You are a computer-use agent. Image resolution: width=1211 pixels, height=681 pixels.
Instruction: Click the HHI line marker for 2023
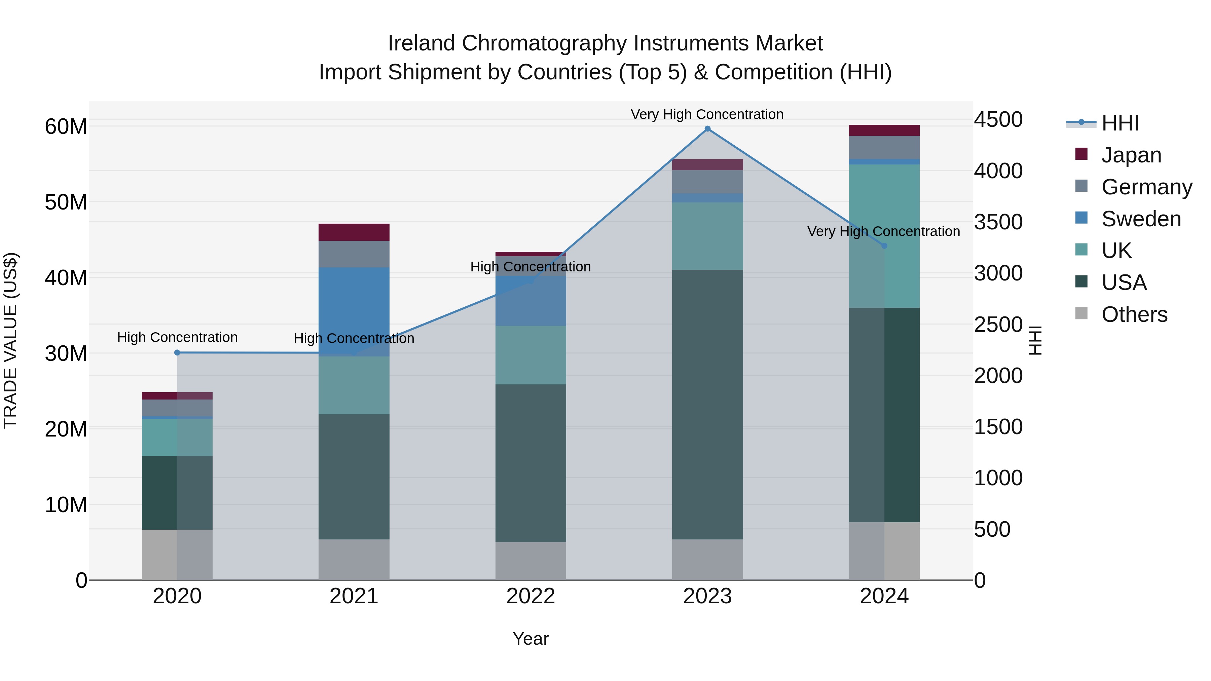click(707, 129)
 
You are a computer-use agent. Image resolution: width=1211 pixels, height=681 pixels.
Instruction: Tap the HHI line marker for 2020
click(177, 352)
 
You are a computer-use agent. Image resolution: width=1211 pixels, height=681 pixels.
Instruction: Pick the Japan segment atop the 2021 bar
click(354, 232)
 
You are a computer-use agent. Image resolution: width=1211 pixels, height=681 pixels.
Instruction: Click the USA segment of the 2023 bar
click(707, 404)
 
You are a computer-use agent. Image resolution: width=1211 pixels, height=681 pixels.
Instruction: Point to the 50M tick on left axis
click(66, 202)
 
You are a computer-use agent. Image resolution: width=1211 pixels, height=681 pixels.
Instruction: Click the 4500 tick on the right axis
click(998, 119)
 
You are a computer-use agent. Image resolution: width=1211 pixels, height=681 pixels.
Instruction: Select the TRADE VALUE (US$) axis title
click(10, 340)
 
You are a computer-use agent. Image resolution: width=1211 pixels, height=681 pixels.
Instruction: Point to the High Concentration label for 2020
click(177, 337)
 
